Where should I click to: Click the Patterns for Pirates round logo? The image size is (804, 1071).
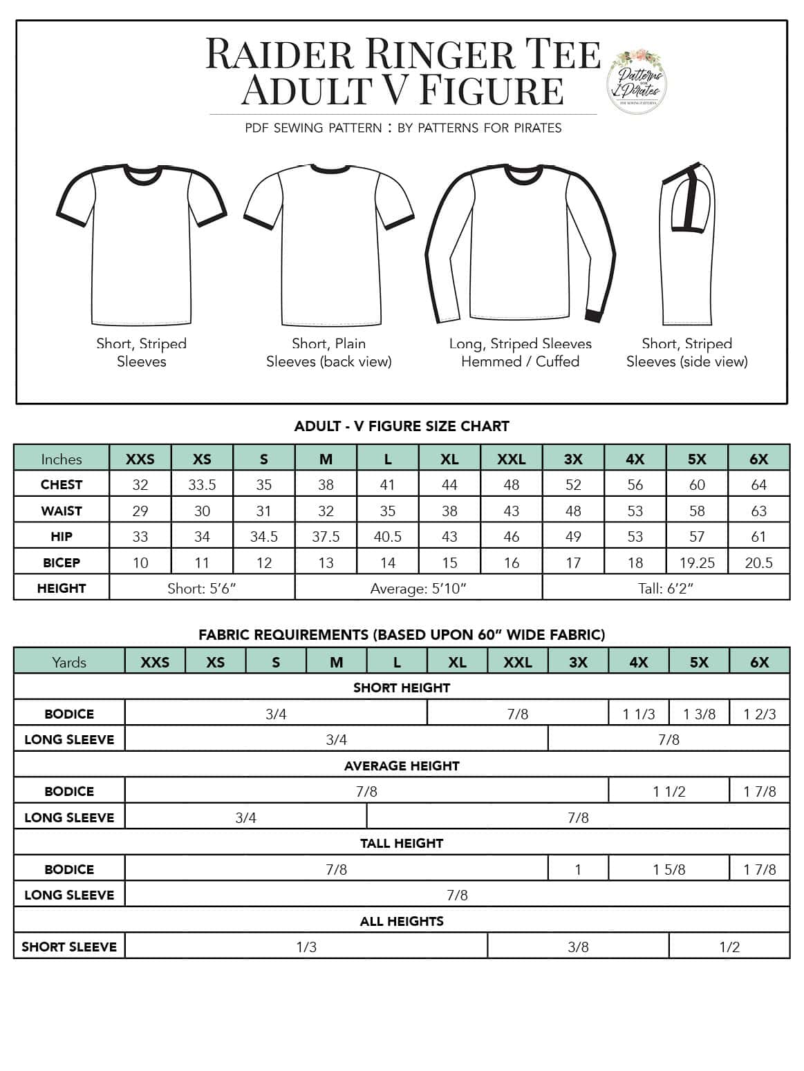pos(636,81)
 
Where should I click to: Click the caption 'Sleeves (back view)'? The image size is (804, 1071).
pos(329,361)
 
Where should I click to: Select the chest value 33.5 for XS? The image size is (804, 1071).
pos(202,485)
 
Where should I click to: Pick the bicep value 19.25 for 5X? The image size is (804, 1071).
pos(697,562)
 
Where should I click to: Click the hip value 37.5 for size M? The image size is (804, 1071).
pos(326,537)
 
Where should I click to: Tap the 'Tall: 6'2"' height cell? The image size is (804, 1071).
pos(666,589)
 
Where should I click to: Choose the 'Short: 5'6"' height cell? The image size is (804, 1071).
pos(202,589)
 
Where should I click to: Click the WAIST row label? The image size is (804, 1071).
pos(62,511)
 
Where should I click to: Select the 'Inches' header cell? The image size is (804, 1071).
pos(62,459)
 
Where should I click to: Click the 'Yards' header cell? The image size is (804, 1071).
pos(69,662)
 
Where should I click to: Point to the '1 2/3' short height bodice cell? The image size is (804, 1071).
pos(759,714)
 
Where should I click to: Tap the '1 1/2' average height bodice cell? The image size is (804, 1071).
pos(669,792)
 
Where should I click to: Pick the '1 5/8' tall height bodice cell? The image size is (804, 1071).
pos(669,869)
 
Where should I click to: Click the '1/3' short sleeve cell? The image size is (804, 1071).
pos(306,947)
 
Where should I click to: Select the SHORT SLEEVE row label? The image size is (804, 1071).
pos(69,947)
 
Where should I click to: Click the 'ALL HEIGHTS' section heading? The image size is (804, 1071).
pos(402,921)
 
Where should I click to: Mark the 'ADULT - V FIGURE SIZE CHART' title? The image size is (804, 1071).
pos(402,426)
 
